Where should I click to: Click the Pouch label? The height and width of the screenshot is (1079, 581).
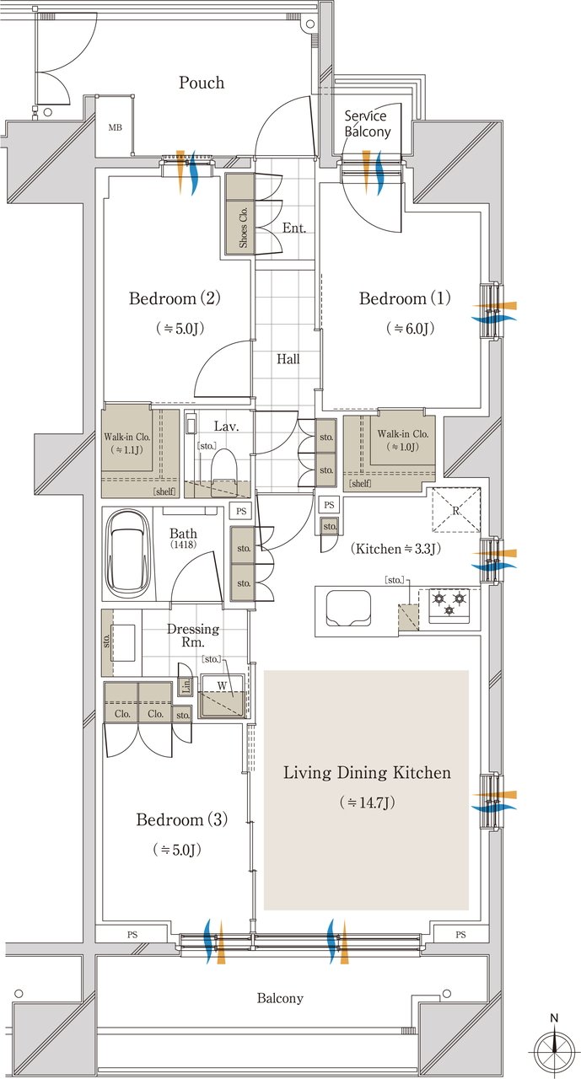(x=202, y=83)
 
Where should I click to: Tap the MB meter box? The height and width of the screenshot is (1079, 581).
(x=114, y=128)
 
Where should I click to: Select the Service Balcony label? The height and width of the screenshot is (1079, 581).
(x=366, y=124)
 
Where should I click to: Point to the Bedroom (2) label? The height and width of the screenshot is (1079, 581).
(x=175, y=298)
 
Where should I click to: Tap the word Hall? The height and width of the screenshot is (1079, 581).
(x=288, y=359)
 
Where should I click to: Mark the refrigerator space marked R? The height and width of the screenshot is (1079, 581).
(x=455, y=511)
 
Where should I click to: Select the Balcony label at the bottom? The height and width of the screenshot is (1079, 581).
(x=279, y=999)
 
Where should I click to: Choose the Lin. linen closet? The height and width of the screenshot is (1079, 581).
(x=186, y=687)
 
